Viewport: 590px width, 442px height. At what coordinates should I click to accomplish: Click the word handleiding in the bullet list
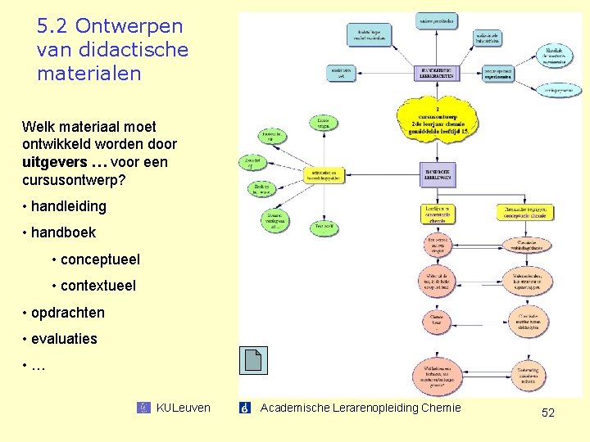click(x=69, y=206)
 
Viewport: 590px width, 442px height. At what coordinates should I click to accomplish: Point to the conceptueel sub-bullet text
click(x=99, y=259)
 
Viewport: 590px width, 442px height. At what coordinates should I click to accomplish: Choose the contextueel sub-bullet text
click(x=98, y=286)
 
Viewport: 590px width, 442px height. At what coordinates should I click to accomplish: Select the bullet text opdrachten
click(x=68, y=313)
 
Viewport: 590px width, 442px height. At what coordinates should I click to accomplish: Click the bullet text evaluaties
click(x=64, y=339)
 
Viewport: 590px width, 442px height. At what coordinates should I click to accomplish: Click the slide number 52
click(x=548, y=413)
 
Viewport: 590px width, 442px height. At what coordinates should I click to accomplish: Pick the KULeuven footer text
click(x=183, y=408)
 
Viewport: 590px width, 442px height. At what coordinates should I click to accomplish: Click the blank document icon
click(x=253, y=360)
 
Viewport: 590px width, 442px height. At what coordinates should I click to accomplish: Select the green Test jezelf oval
click(x=324, y=226)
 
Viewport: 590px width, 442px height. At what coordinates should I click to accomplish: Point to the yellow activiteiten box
click(x=324, y=174)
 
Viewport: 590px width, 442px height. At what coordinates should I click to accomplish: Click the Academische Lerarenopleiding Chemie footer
click(x=361, y=408)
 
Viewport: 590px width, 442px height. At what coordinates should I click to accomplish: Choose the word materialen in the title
click(x=89, y=73)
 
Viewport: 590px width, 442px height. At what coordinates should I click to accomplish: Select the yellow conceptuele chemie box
click(x=524, y=213)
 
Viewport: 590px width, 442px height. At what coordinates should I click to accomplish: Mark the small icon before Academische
click(x=244, y=408)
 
